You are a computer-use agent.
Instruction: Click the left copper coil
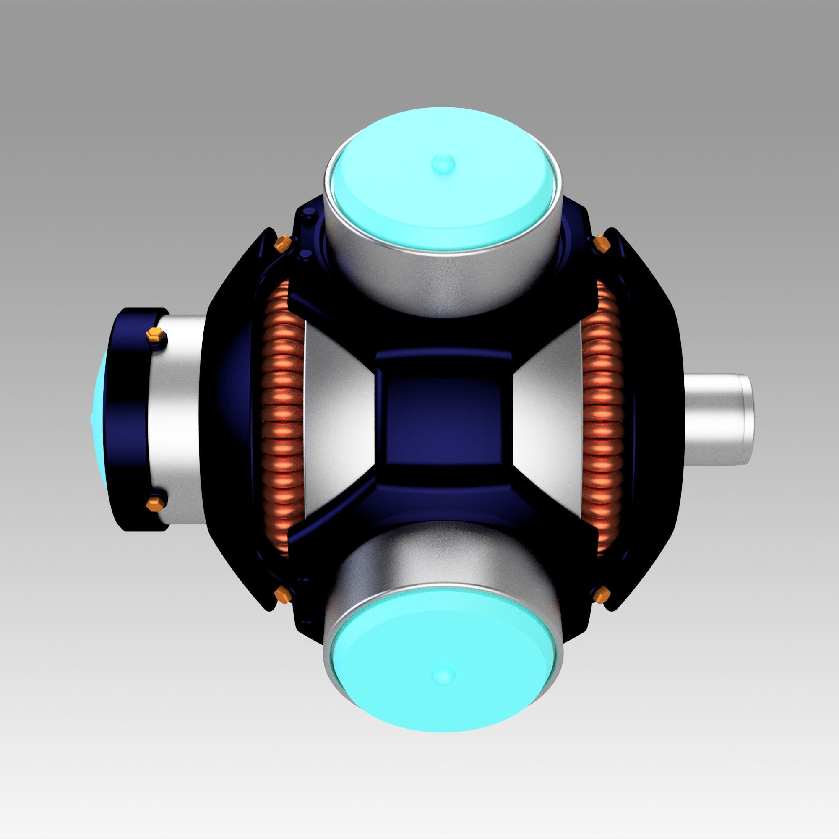click(x=282, y=419)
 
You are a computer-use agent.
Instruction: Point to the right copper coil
click(x=601, y=419)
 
